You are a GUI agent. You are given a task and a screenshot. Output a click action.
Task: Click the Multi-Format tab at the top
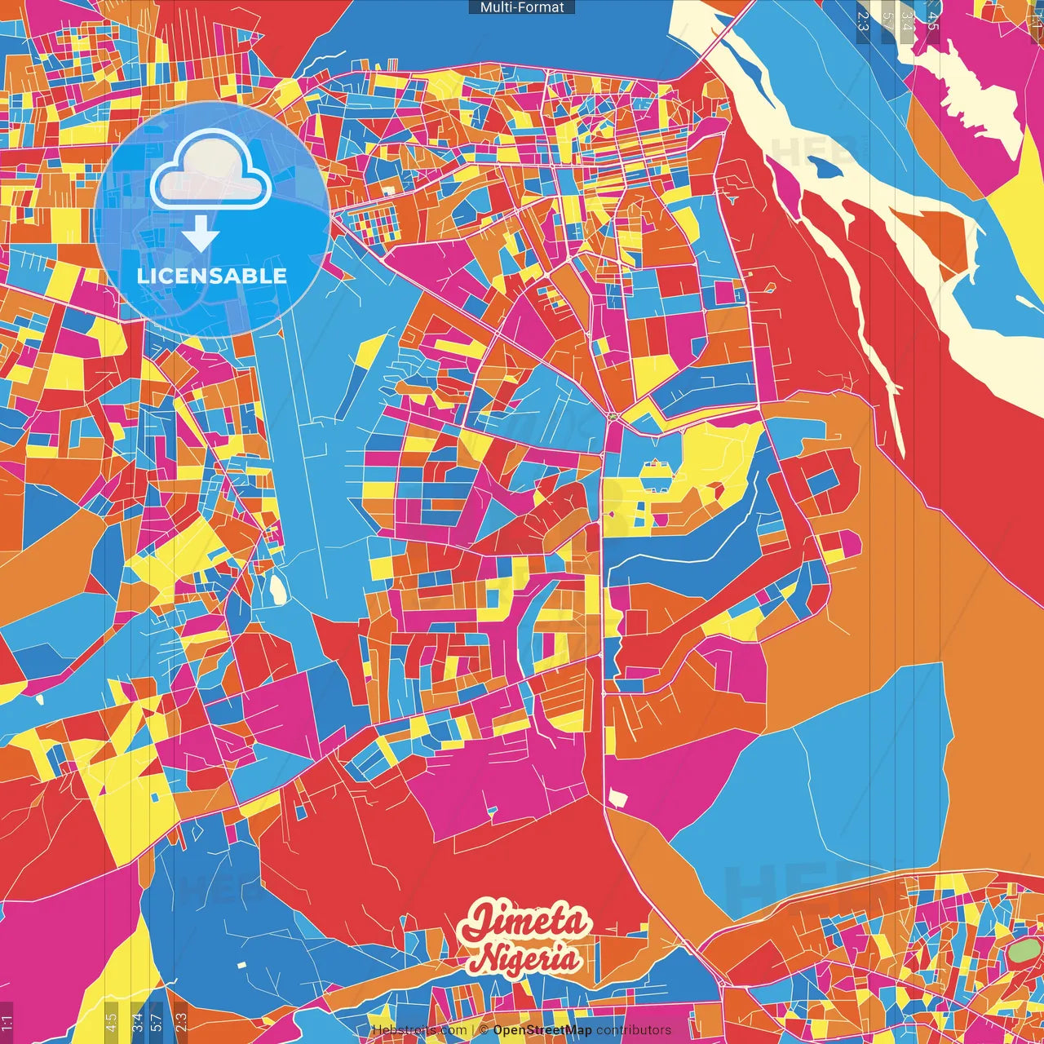pos(522,7)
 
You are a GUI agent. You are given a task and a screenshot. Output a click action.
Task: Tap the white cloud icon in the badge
pos(210,170)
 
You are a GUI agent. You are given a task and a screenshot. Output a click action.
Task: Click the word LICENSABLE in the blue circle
pos(212,276)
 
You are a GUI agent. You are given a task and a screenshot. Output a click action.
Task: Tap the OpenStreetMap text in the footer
pos(542,1030)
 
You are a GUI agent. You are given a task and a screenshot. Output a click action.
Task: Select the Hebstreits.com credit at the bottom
pos(419,1030)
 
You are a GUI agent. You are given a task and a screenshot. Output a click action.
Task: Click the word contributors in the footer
pos(634,1030)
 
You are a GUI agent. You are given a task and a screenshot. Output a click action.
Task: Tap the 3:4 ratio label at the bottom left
pos(137,1020)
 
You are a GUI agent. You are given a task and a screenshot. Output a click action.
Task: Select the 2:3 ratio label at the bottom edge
pos(181,1020)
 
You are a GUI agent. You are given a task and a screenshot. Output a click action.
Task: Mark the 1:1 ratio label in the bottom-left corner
pos(7,1020)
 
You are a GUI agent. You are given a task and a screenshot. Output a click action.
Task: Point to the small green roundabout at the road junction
pos(612,418)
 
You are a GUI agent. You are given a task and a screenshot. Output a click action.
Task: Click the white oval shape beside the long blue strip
pos(278,588)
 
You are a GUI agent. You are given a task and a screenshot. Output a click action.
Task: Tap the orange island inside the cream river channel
pos(938,237)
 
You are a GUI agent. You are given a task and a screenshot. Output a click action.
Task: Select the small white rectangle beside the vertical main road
pos(618,798)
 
